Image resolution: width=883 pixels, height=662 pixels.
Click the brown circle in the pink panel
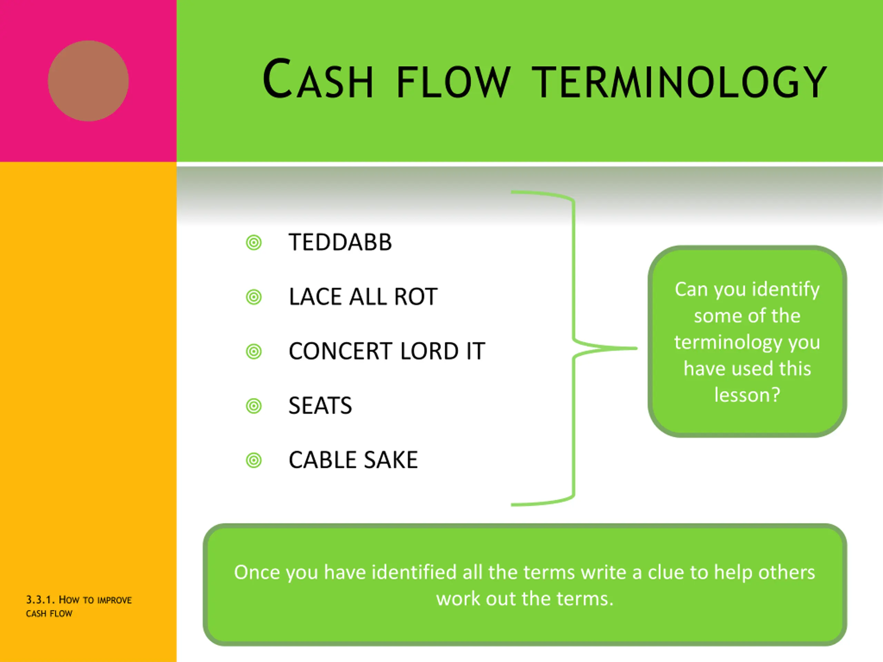pos(88,81)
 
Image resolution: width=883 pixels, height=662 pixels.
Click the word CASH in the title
pos(318,79)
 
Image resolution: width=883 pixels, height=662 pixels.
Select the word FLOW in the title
pos(453,82)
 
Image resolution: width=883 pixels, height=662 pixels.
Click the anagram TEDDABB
pos(340,242)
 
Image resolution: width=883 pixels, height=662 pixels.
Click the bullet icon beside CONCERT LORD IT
pos(254,352)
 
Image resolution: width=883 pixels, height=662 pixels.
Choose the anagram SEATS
pos(320,406)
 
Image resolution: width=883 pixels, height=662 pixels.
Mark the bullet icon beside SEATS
pos(254,406)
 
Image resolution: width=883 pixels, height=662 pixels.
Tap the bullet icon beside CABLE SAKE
pos(254,461)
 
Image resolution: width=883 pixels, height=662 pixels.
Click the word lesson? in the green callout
pos(747,395)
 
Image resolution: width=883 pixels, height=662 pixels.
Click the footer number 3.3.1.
pos(40,600)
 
